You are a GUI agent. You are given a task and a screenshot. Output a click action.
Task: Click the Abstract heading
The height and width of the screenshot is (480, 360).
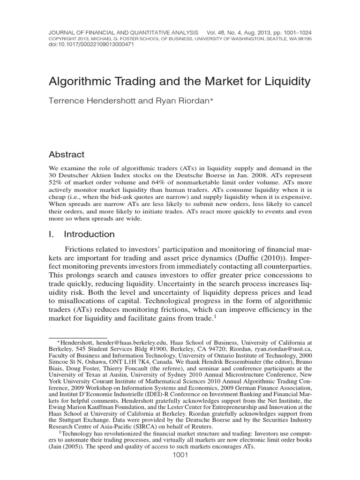pos(67,154)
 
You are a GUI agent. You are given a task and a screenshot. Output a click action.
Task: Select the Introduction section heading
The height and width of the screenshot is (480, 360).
pos(89,234)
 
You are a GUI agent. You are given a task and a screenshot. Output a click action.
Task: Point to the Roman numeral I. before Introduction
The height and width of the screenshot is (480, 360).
pos(52,234)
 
